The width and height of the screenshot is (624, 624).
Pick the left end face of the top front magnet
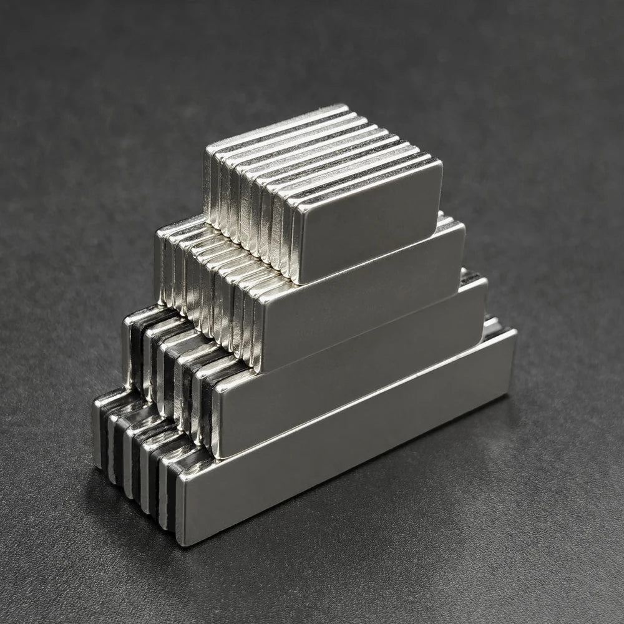point(295,243)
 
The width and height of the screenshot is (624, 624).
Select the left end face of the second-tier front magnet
point(256,337)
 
